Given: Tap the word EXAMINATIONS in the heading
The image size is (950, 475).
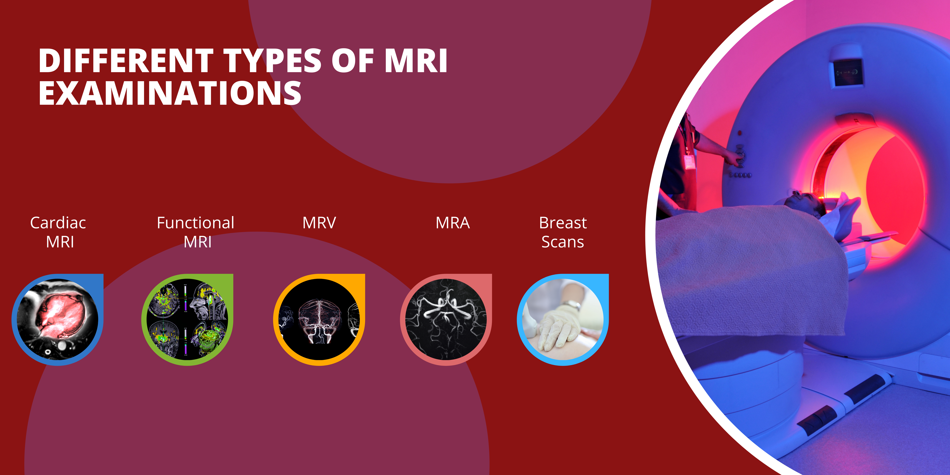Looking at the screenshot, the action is pos(170,93).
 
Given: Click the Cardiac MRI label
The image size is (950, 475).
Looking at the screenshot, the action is pos(58,232).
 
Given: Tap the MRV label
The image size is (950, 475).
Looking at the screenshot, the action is pos(319,223).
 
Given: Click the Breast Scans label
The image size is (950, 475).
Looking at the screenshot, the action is pos(563,232).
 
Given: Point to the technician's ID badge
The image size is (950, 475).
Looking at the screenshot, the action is pos(689,161).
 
